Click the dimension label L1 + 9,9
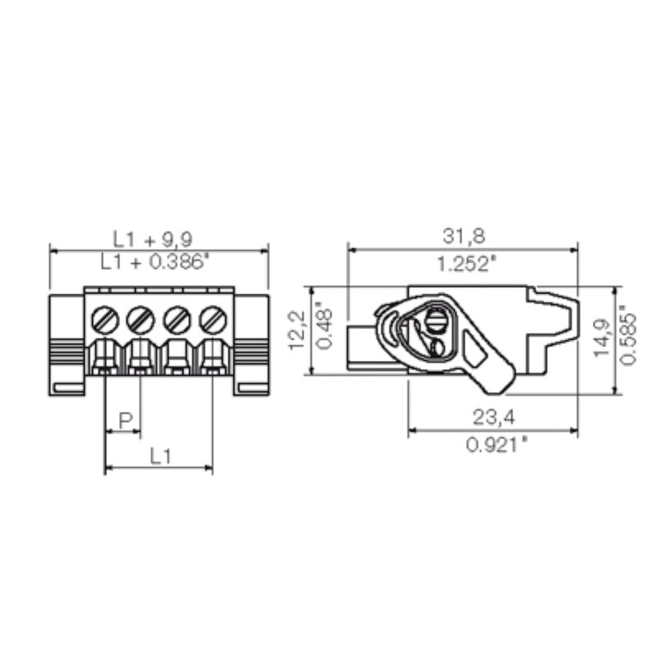click(153, 239)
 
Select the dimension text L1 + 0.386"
click(155, 262)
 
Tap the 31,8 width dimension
click(464, 237)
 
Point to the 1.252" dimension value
click(466, 264)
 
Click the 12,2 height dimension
click(298, 330)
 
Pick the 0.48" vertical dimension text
click(325, 330)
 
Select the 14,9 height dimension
click(603, 339)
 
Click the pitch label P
click(125, 420)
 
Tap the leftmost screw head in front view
click(104, 317)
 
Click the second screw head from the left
click(140, 317)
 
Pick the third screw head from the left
click(177, 317)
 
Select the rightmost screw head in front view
click(213, 317)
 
